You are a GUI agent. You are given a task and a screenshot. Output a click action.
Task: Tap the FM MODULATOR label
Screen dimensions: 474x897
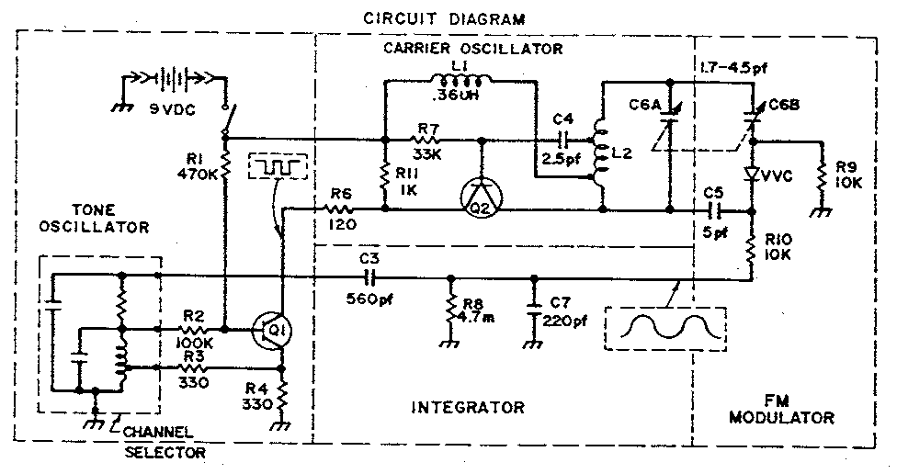[x=781, y=410]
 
